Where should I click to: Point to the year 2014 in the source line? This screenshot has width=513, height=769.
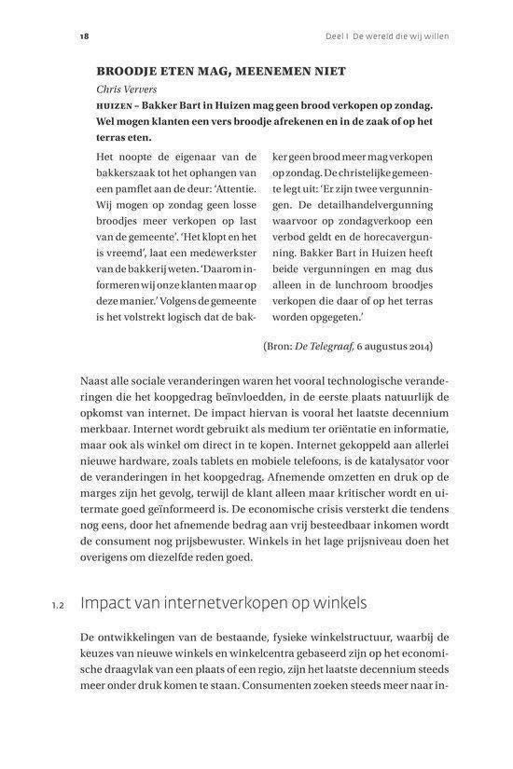pos(418,347)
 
